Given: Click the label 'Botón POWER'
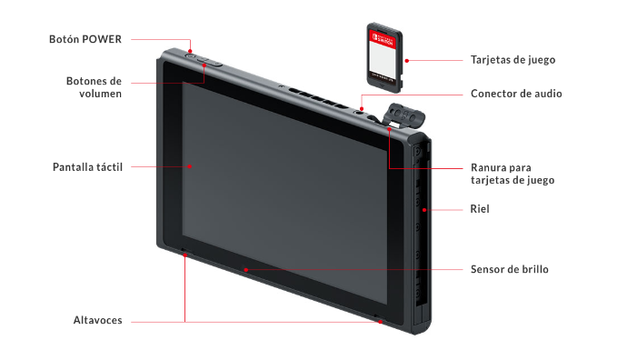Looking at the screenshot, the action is click(85, 39).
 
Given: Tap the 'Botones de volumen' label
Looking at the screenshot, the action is click(94, 87).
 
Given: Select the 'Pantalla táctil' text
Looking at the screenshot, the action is click(87, 167).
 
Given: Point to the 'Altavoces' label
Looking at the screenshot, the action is click(97, 320).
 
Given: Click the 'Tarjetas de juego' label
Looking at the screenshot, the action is click(513, 60).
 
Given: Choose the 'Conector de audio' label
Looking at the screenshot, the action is click(516, 94).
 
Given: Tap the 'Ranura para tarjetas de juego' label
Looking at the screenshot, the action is click(513, 174).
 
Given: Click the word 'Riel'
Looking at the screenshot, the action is click(480, 209).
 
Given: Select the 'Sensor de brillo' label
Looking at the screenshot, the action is click(510, 269).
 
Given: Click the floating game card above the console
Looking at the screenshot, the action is click(384, 57).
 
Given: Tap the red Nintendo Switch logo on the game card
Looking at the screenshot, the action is click(383, 39).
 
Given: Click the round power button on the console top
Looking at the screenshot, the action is click(191, 55).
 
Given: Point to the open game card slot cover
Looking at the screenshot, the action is click(403, 115).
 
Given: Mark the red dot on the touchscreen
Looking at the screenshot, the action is click(190, 166).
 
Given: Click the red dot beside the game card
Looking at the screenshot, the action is click(407, 61).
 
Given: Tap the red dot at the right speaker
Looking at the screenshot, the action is click(380, 322).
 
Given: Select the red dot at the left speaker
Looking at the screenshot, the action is click(184, 255).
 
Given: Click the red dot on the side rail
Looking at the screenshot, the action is click(424, 210).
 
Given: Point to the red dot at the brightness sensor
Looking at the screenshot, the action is click(245, 269).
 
